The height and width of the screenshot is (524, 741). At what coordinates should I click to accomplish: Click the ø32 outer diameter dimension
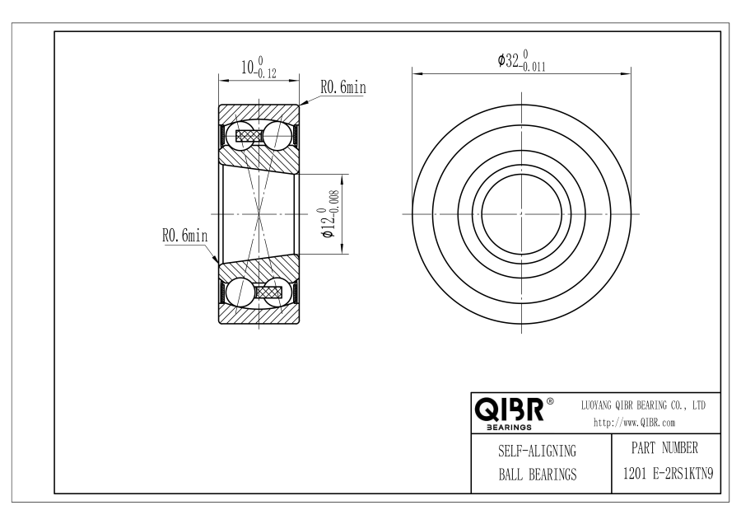pyautogui.click(x=521, y=61)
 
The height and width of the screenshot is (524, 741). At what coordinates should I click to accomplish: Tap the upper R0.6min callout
pyautogui.click(x=343, y=87)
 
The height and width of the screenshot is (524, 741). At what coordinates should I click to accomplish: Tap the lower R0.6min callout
pyautogui.click(x=184, y=235)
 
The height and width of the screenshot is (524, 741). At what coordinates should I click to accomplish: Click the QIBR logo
pyautogui.click(x=509, y=409)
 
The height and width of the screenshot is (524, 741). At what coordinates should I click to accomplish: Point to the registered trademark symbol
pyautogui.click(x=550, y=401)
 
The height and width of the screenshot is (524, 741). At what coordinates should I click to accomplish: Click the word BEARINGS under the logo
pyautogui.click(x=509, y=428)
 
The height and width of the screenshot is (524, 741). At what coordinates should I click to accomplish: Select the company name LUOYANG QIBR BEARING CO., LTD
pyautogui.click(x=643, y=405)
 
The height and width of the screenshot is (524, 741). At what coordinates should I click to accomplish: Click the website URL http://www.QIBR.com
pyautogui.click(x=634, y=423)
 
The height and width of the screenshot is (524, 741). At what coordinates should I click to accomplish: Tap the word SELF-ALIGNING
pyautogui.click(x=538, y=451)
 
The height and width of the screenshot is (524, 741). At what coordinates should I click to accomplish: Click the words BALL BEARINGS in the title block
pyautogui.click(x=538, y=475)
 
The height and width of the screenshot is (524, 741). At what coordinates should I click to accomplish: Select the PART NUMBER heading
pyautogui.click(x=664, y=448)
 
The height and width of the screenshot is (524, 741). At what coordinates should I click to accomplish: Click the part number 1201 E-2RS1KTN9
pyautogui.click(x=669, y=474)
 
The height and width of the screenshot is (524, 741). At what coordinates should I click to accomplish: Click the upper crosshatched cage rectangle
pyautogui.click(x=249, y=136)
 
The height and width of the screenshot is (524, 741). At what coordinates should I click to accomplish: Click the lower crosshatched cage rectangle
pyautogui.click(x=269, y=292)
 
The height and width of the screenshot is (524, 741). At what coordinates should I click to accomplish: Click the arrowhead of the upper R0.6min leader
pyautogui.click(x=302, y=103)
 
